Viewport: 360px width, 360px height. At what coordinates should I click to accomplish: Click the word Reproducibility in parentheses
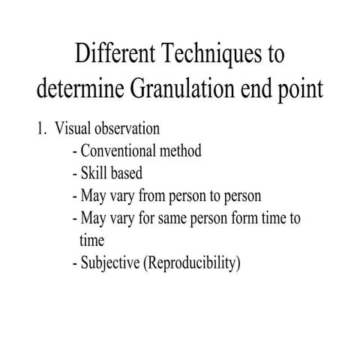point(195,264)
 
